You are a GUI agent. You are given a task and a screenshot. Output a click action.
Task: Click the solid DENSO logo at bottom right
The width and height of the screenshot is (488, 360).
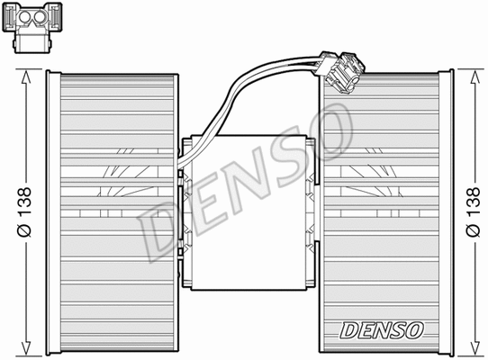coord(380,330)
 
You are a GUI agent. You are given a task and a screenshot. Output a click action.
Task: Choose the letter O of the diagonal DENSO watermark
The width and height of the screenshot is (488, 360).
coord(330,122)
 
